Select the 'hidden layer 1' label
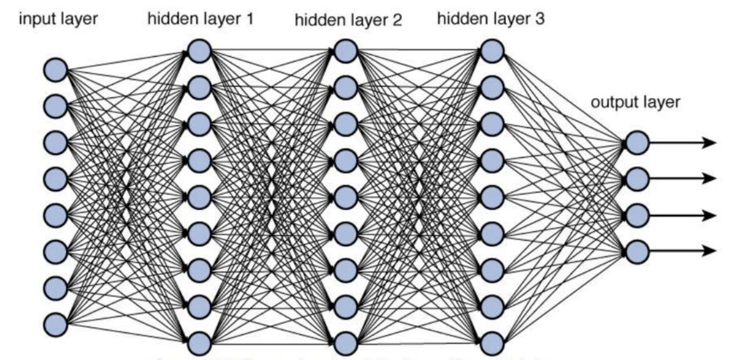(201, 19)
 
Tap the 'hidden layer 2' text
(348, 21)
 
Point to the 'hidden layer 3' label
(491, 19)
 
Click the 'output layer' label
(635, 102)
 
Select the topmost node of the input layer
(55, 67)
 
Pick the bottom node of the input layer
(55, 324)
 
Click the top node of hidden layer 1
(199, 51)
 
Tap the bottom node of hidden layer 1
(199, 343)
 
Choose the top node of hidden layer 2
(345, 51)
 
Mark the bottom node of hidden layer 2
(345, 343)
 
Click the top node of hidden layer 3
(492, 51)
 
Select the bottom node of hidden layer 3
(492, 343)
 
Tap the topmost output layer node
(637, 143)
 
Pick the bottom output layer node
(637, 251)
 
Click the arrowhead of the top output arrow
(709, 143)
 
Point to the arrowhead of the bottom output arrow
(709, 251)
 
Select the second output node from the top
(637, 179)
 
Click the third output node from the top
(637, 215)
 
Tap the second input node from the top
(55, 104)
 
